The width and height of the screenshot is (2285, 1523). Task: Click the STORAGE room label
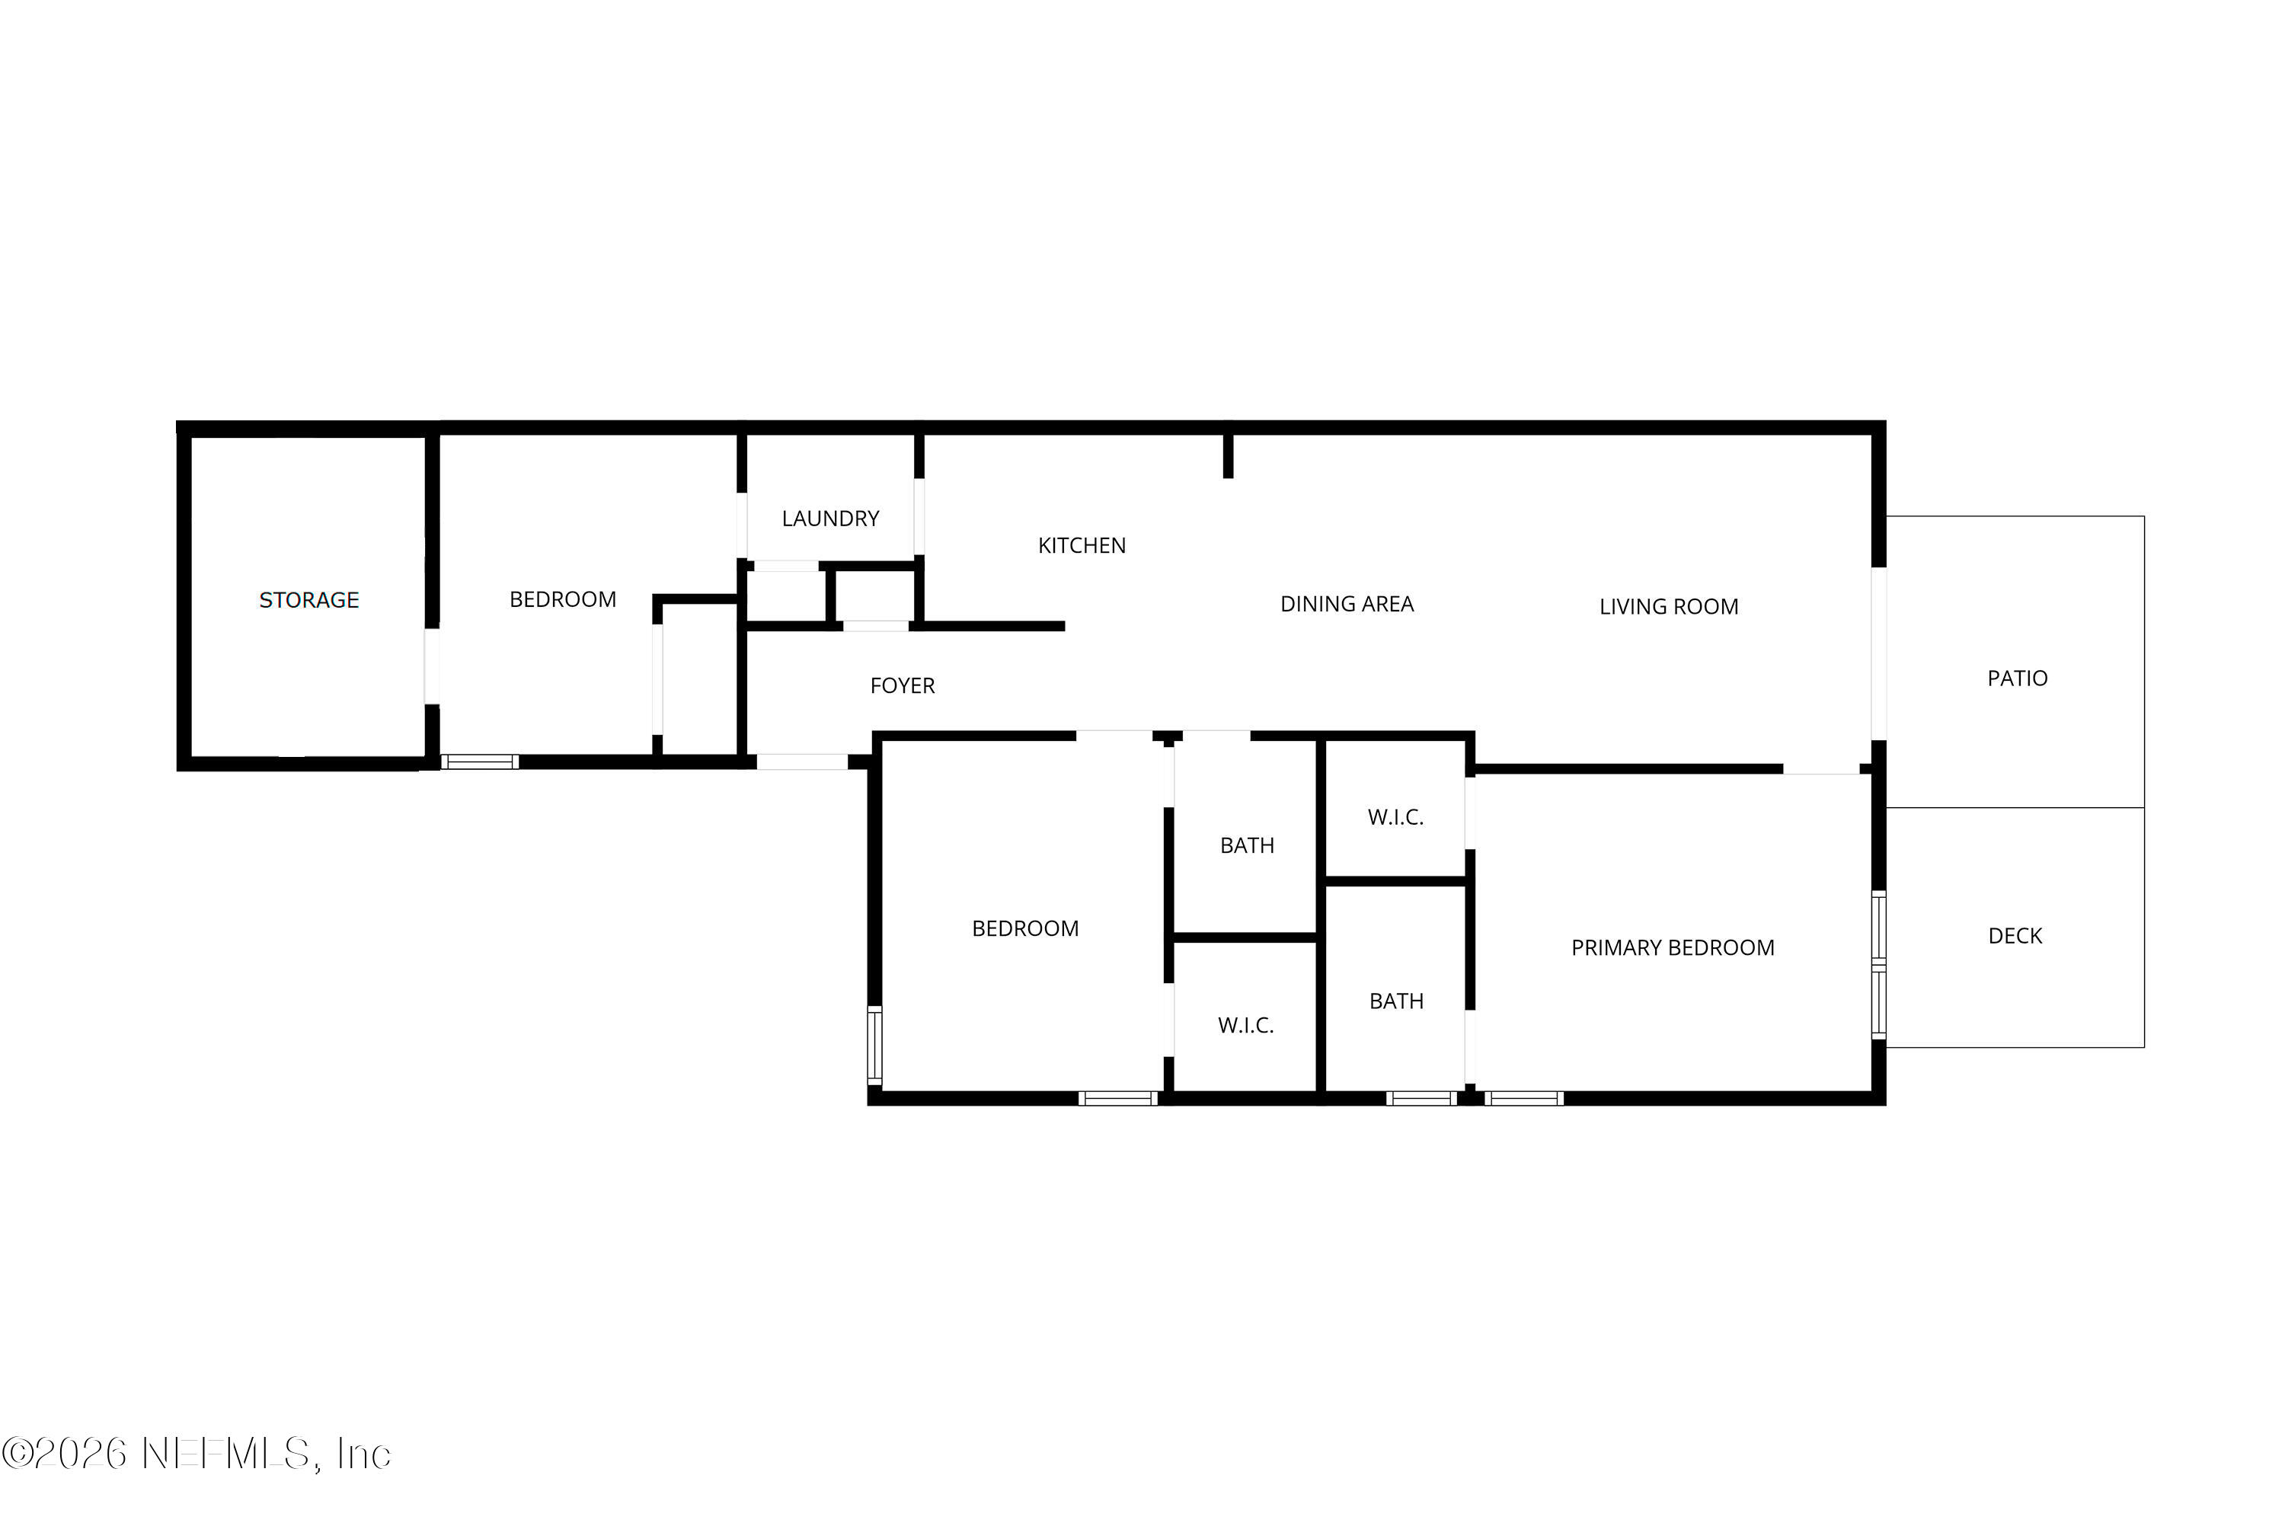(x=309, y=600)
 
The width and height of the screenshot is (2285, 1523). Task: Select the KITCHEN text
(x=1082, y=546)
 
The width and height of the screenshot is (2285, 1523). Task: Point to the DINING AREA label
(x=1347, y=604)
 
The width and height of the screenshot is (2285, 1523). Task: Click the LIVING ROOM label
(x=1668, y=607)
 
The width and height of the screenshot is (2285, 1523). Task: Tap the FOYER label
(x=902, y=686)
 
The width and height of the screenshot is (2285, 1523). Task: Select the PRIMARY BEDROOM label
(x=1672, y=948)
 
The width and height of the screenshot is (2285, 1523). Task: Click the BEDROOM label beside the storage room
(x=563, y=599)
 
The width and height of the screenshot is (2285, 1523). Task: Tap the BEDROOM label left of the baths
(x=1025, y=928)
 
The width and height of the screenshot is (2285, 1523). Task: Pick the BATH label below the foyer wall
(x=1246, y=846)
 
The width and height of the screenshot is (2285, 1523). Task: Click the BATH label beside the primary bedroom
(x=1396, y=1001)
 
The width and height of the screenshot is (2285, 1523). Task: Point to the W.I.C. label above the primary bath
(x=1395, y=818)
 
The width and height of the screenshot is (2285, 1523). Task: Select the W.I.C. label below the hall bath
(x=1245, y=1026)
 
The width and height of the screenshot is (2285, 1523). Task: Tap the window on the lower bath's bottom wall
(x=1421, y=1099)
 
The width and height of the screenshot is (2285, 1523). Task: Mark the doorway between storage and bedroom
(x=431, y=666)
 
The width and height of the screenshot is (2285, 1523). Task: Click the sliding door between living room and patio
(x=1878, y=653)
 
